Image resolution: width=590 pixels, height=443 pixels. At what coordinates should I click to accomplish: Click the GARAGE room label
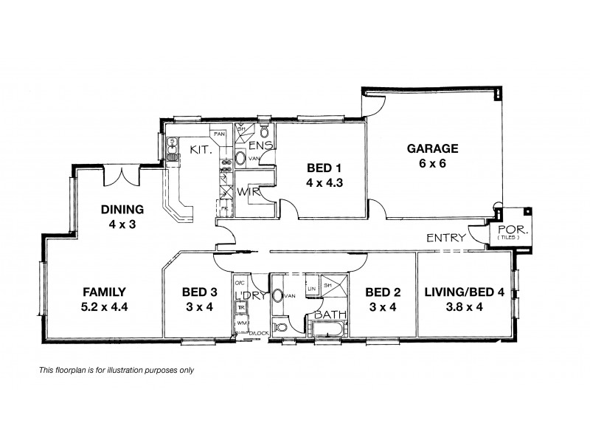tap(433, 148)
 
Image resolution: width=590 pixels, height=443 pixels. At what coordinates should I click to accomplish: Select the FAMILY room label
tap(103, 291)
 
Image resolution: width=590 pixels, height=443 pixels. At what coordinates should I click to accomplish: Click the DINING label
tap(122, 208)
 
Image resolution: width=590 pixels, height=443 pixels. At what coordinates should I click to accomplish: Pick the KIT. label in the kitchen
tap(201, 150)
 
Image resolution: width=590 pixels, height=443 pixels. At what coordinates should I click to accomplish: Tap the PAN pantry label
tap(219, 134)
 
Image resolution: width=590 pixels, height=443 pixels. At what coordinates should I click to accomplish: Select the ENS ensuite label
tap(264, 145)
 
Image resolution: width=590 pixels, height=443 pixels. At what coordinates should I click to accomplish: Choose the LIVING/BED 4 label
tap(465, 291)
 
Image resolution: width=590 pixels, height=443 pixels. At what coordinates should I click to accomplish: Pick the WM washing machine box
tap(241, 323)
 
